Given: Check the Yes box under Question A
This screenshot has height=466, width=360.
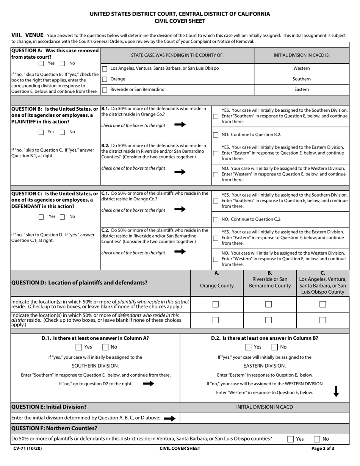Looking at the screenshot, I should (41, 63).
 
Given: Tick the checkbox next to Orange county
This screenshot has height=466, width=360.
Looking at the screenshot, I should (105, 79).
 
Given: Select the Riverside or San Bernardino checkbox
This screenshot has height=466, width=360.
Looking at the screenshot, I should (105, 90).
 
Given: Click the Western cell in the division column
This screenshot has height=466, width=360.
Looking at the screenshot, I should (301, 69).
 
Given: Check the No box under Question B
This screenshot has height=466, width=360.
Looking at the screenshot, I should (63, 132).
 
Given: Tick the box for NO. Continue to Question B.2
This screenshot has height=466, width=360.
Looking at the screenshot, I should (216, 134).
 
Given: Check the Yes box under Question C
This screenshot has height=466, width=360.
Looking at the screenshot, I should (41, 217).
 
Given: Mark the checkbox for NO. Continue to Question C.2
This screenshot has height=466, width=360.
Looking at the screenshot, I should (216, 219).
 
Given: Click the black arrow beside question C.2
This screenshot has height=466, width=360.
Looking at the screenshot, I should (180, 252).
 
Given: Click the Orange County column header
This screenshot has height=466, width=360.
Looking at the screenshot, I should (217, 286).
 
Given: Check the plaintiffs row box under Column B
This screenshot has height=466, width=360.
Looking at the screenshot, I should (268, 304).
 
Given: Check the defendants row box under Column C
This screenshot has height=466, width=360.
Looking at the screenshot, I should (322, 320).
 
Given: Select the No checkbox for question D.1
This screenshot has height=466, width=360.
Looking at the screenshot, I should (105, 347).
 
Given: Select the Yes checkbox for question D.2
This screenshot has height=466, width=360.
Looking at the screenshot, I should (248, 347).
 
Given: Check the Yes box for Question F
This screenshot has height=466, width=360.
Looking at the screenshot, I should (290, 439).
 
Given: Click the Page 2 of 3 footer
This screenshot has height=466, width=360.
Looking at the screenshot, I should (323, 449).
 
